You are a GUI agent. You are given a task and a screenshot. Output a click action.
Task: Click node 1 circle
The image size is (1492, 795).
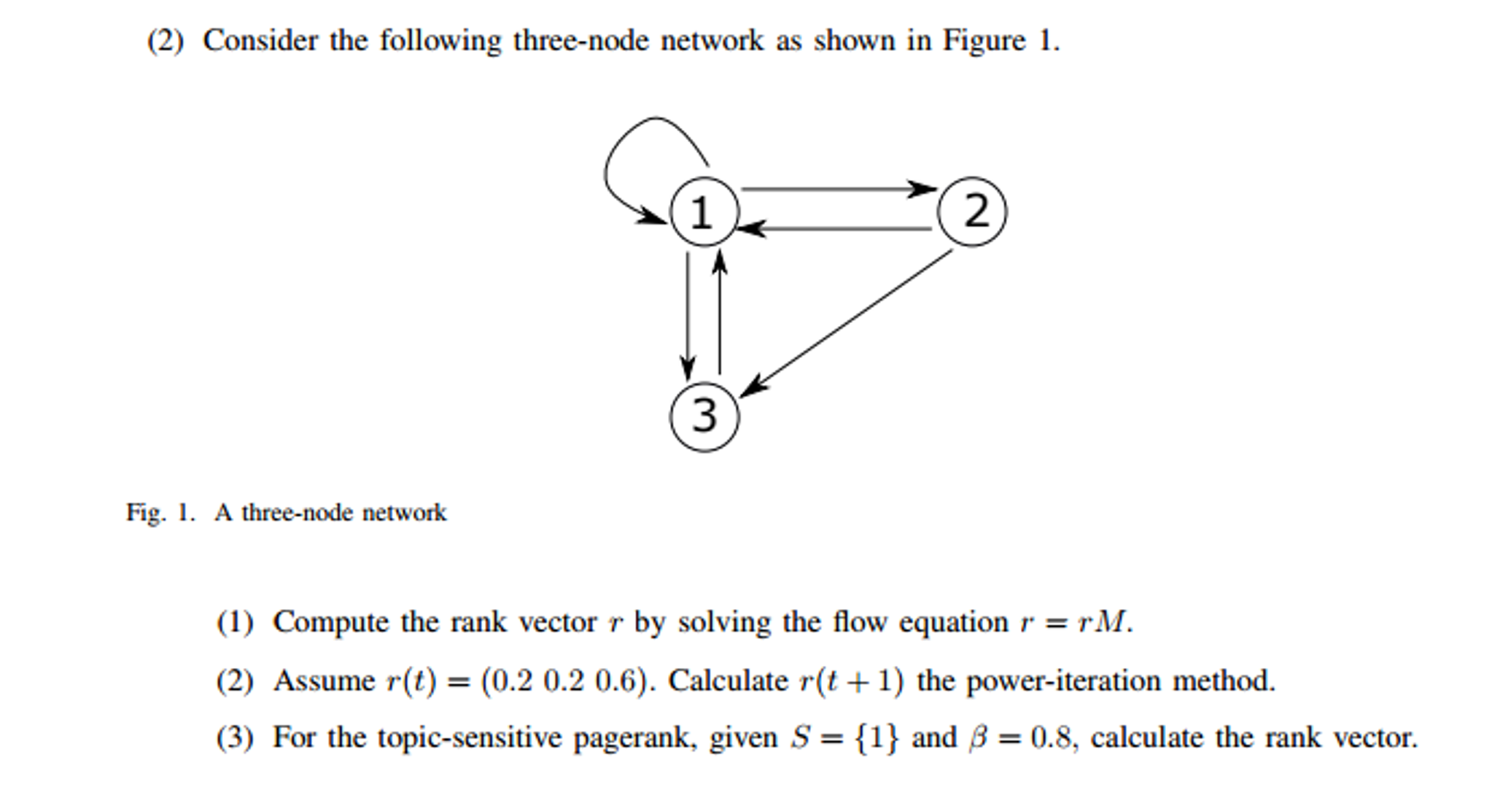[704, 212]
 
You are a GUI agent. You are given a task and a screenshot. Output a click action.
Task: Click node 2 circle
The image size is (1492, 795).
[971, 212]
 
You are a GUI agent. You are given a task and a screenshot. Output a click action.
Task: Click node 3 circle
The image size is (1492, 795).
[704, 416]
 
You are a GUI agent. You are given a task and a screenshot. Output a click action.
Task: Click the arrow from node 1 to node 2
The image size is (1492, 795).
[839, 189]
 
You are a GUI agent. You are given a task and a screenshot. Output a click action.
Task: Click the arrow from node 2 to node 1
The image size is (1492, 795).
[839, 229]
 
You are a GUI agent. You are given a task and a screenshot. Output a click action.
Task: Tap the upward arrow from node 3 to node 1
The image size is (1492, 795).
[720, 314]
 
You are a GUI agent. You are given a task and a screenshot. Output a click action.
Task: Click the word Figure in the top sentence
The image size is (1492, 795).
[984, 40]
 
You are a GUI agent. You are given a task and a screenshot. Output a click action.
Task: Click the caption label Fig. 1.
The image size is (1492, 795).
[160, 513]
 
